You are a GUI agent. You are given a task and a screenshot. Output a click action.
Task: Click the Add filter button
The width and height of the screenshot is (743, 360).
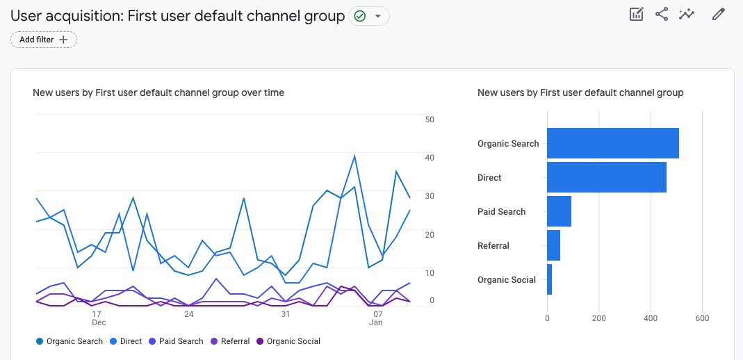(44, 40)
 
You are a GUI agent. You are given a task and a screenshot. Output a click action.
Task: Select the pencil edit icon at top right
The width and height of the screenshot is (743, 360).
(718, 15)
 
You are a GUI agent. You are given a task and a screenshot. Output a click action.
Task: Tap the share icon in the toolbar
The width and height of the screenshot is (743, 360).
(662, 15)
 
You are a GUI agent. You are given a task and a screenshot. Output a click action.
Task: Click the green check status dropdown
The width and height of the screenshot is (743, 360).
(369, 16)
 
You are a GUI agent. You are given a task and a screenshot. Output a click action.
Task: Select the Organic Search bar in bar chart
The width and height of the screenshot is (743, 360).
(612, 143)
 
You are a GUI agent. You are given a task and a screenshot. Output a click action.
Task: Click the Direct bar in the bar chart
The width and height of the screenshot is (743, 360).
(606, 177)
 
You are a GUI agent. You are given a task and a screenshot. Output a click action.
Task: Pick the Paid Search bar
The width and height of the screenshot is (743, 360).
(559, 211)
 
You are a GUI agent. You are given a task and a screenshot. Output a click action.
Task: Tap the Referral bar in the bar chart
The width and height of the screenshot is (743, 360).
(553, 245)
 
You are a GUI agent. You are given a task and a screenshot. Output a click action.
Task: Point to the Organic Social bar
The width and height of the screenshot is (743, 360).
(550, 279)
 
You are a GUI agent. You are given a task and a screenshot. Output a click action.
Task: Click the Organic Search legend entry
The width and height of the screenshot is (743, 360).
(69, 341)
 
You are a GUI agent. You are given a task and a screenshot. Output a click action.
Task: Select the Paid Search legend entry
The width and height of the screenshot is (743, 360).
(176, 341)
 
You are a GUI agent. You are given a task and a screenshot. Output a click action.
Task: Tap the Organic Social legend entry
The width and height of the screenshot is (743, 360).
(288, 341)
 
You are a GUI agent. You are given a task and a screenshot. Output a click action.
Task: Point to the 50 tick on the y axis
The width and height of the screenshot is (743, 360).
(430, 120)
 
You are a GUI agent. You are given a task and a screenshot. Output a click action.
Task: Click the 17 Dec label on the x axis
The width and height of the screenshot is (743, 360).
(99, 318)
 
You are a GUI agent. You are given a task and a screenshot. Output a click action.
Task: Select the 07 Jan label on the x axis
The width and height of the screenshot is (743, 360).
(376, 318)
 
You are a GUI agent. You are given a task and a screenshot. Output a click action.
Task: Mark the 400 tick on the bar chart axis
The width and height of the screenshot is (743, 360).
(650, 319)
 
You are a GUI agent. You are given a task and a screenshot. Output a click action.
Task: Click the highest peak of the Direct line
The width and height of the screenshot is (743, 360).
(354, 156)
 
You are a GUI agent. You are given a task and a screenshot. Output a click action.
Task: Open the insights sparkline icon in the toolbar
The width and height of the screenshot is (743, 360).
(687, 15)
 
